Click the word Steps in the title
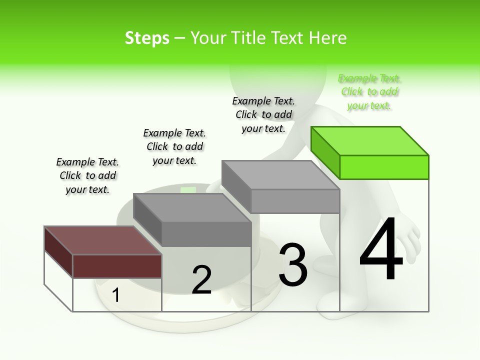click(147, 38)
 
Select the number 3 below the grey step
click(292, 265)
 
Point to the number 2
click(201, 280)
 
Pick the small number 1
click(115, 295)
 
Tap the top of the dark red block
click(102, 240)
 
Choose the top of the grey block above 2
click(192, 207)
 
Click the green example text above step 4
click(369, 92)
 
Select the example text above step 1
click(87, 176)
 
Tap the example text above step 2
click(174, 147)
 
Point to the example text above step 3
click(263, 115)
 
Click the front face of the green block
click(384, 167)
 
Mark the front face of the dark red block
click(117, 266)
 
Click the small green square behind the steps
click(188, 190)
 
